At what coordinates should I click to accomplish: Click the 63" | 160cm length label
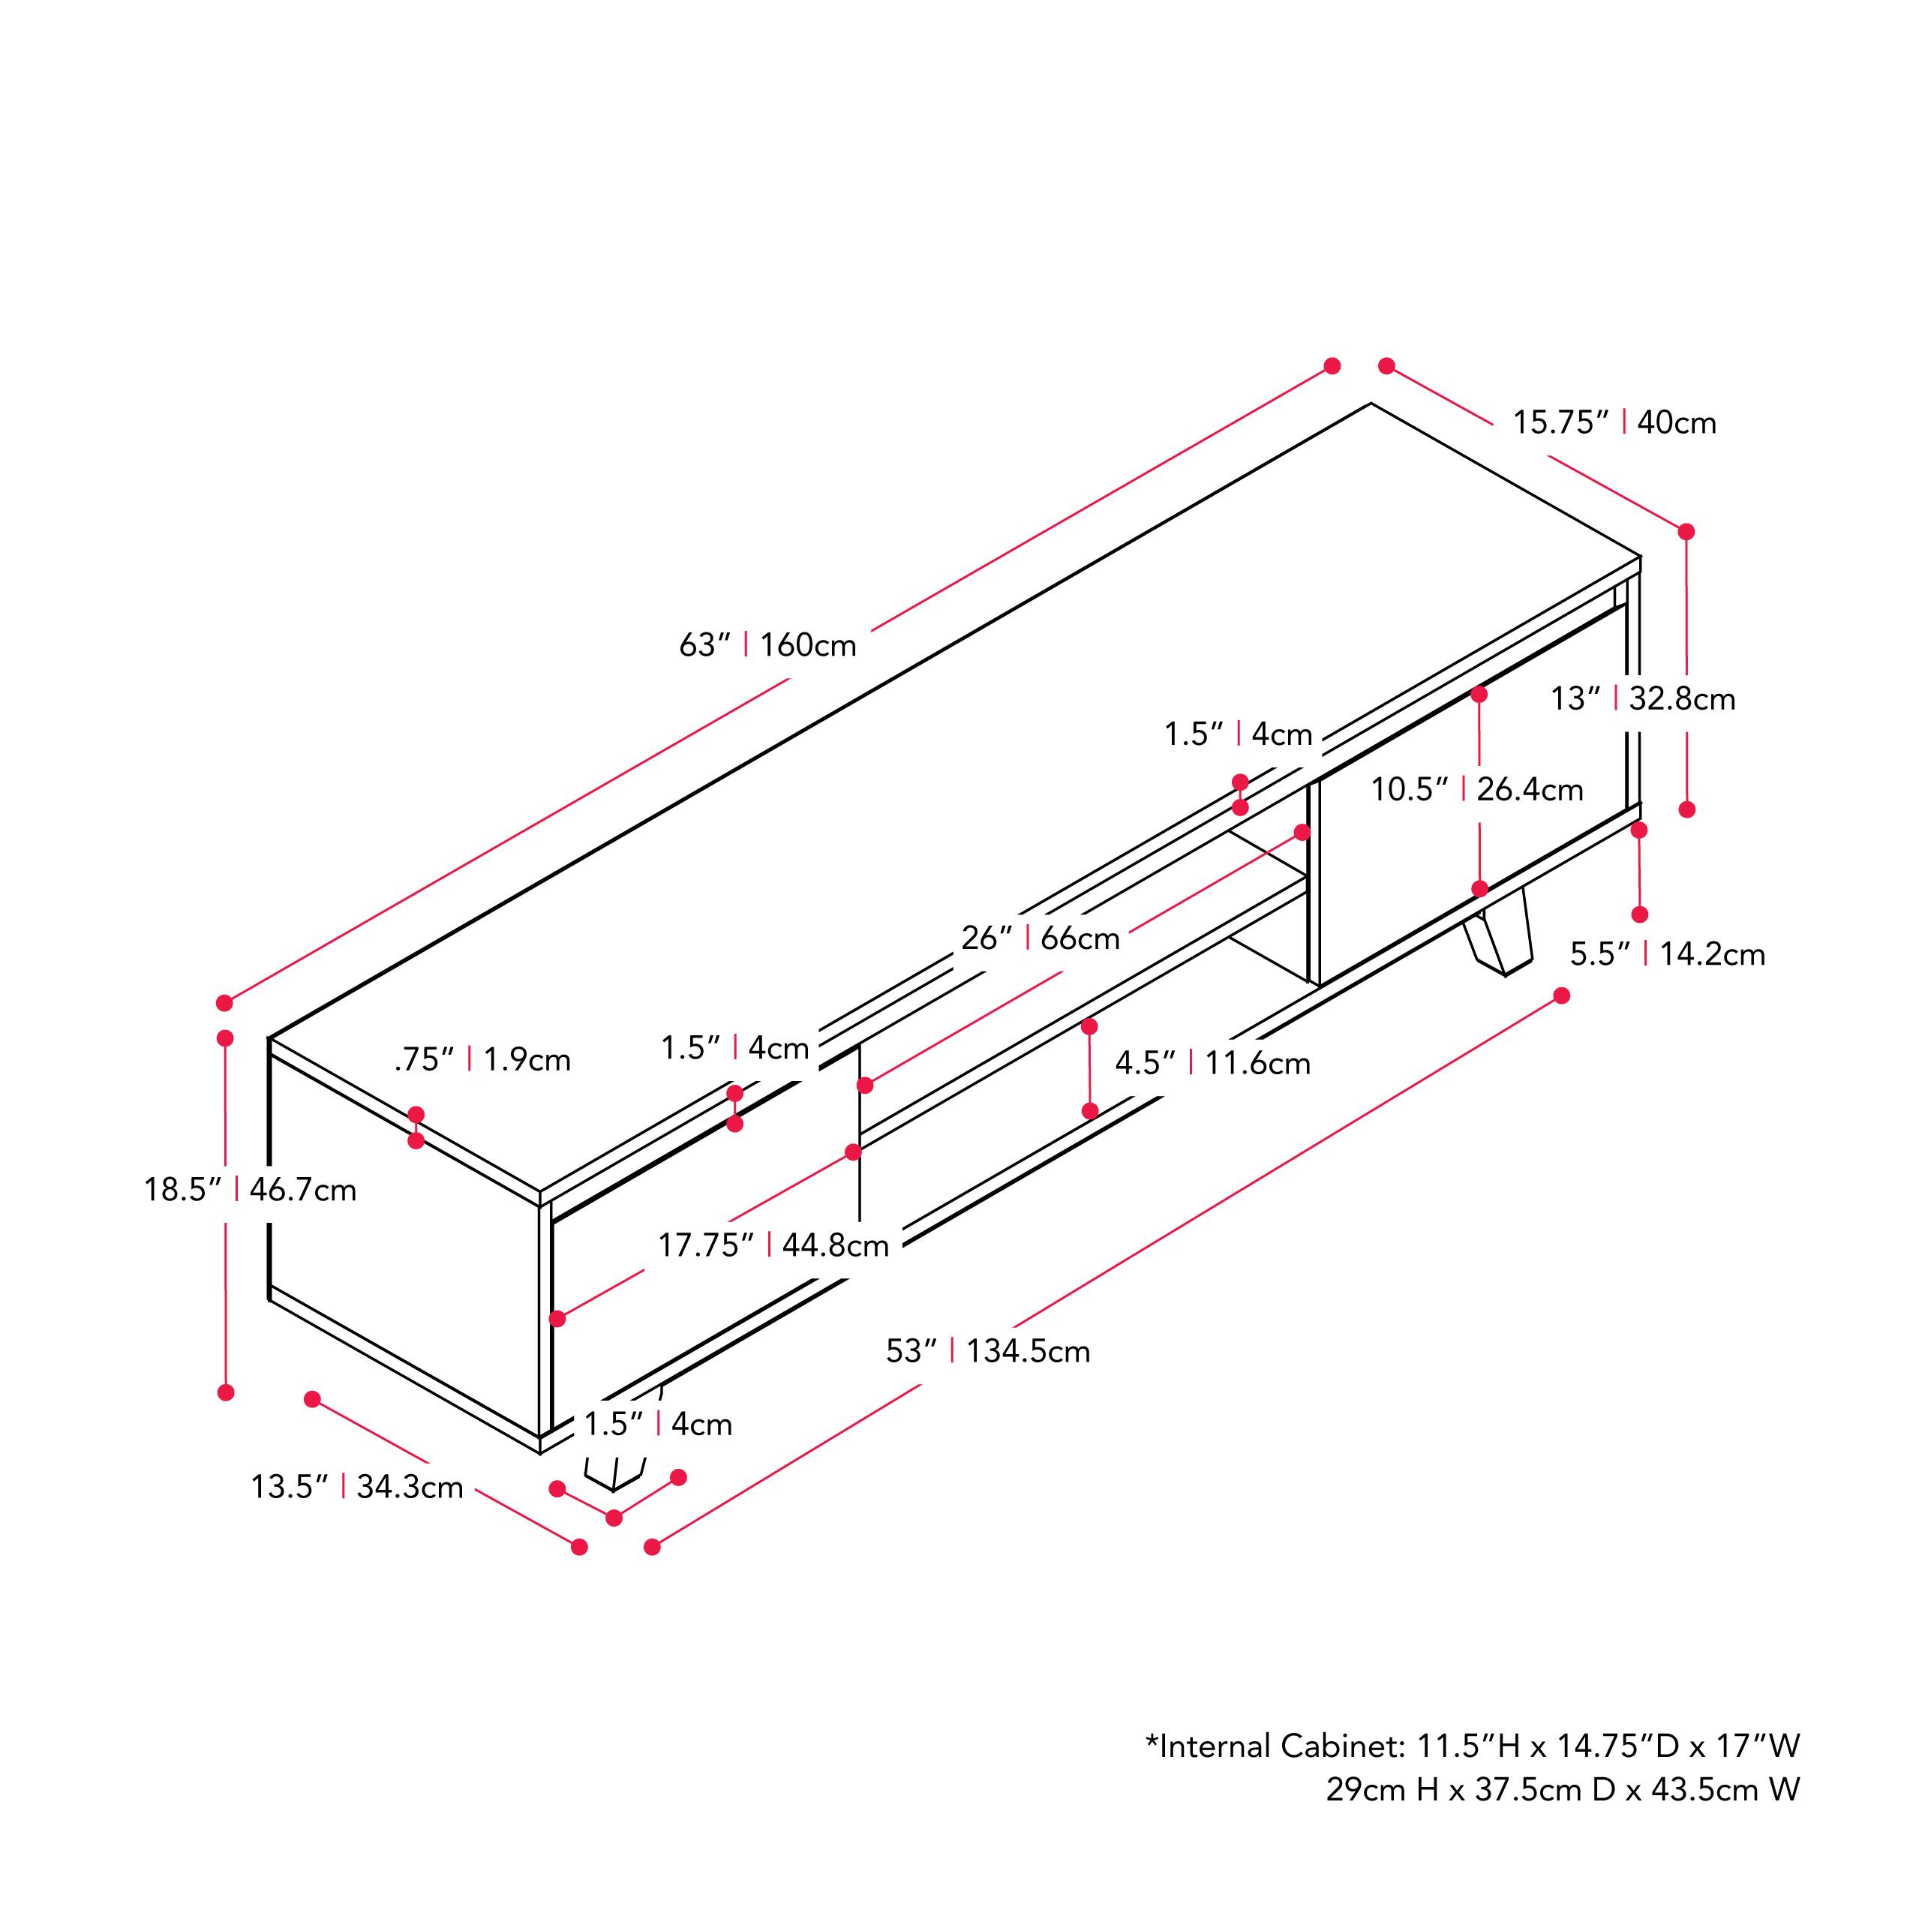pos(767,646)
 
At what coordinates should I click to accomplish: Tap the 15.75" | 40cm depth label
pos(1614,423)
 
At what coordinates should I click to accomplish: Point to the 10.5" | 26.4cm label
pos(1476,789)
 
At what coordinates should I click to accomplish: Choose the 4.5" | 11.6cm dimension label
pos(1212,1064)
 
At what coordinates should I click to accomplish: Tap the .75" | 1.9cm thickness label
pos(482,1061)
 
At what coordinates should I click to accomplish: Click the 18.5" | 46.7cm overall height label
pos(250,1189)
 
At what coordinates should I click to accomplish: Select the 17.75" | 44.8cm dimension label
pos(773,1245)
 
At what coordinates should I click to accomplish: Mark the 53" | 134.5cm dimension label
pos(987,1352)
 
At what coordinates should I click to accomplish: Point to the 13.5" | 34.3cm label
pos(356,1487)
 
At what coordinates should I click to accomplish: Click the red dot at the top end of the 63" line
pos(1332,366)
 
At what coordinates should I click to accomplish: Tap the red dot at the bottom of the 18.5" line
pos(226,1392)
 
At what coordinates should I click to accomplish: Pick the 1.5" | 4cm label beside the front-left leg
pos(657,1425)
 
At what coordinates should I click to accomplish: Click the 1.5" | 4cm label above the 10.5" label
pos(1238,734)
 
